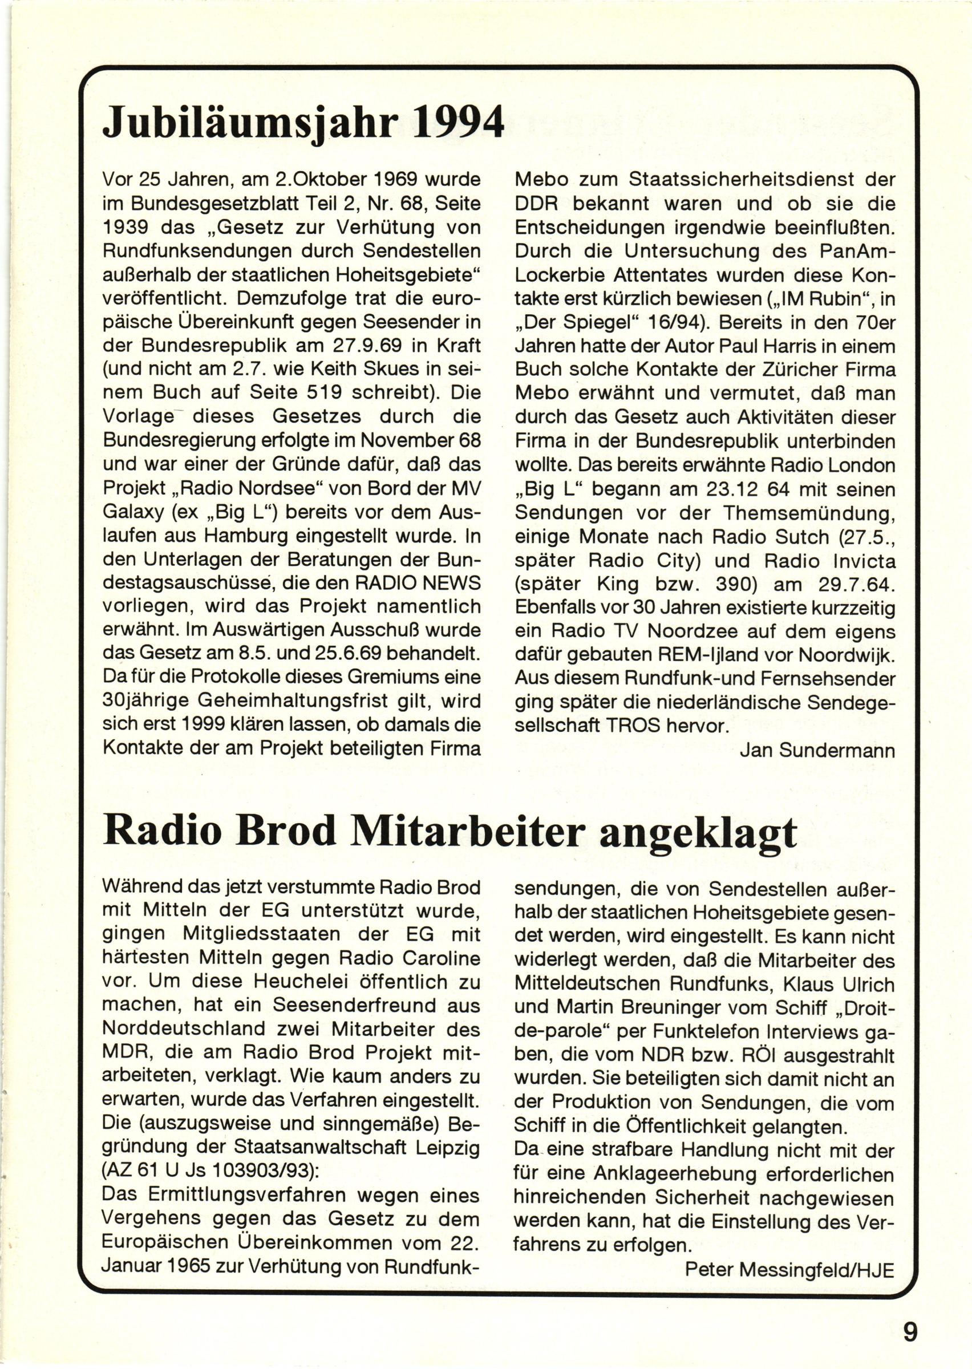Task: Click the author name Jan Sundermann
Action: (x=817, y=750)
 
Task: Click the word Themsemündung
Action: (x=808, y=513)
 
